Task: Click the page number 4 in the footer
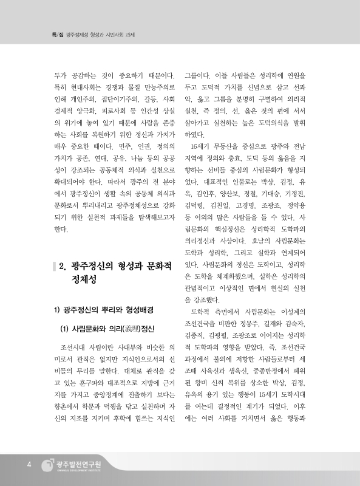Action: click(x=28, y=465)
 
